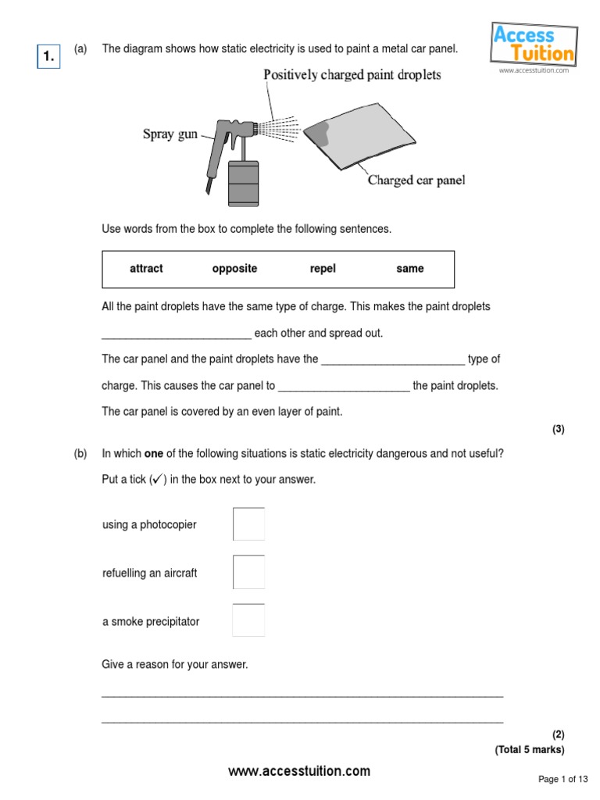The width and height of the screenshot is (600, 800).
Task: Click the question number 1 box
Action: [x=48, y=55]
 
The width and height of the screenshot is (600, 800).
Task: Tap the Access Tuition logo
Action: [x=534, y=45]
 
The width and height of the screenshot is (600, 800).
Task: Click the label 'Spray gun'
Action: [x=170, y=134]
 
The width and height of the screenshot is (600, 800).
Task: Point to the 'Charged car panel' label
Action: [x=416, y=180]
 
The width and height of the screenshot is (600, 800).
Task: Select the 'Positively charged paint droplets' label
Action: [x=352, y=75]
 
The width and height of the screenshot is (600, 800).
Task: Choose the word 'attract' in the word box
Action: [x=146, y=269]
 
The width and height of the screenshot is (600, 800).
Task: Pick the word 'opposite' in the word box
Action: [x=234, y=269]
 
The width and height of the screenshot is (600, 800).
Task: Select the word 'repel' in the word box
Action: [x=323, y=269]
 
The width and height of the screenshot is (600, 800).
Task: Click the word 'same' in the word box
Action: [x=409, y=269]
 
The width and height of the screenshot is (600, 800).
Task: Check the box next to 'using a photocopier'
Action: [x=248, y=524]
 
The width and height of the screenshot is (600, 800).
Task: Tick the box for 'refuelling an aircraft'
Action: [x=248, y=573]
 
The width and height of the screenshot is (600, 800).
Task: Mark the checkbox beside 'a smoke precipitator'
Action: [x=248, y=621]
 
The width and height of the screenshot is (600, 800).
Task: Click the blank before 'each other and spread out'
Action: [x=177, y=334]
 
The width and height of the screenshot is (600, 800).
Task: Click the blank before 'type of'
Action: [x=393, y=360]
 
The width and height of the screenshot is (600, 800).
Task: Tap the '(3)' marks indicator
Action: [x=558, y=429]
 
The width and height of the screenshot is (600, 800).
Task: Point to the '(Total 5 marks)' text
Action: [x=529, y=749]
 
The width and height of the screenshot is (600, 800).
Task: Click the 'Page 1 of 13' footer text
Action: [x=563, y=779]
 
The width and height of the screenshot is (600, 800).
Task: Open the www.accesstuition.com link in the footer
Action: [x=299, y=771]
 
